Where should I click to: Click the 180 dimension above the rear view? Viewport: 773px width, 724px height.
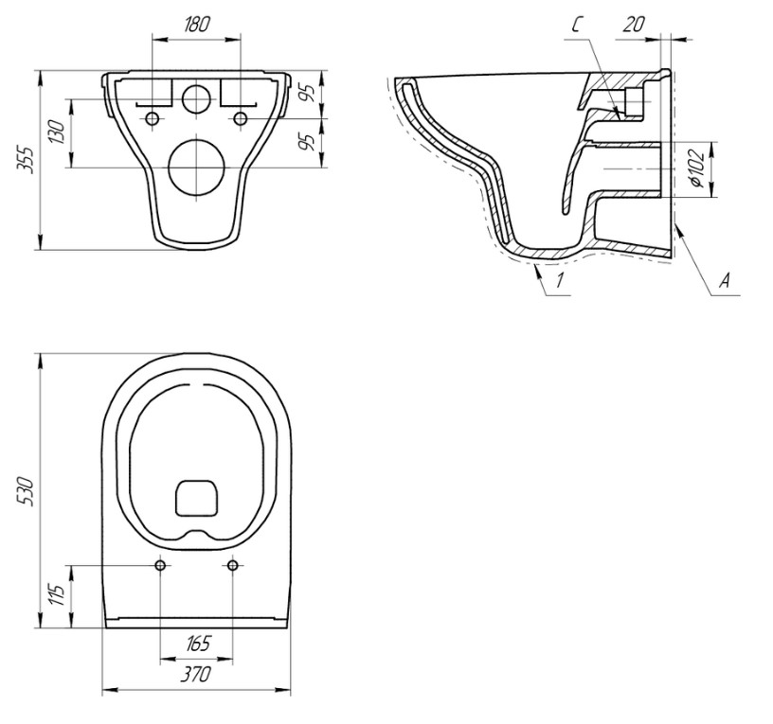(197, 25)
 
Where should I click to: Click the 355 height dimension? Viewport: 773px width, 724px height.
(25, 159)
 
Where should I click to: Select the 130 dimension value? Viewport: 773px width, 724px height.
(58, 132)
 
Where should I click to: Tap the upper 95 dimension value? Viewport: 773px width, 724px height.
(308, 93)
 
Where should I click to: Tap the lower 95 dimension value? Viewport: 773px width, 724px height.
(308, 142)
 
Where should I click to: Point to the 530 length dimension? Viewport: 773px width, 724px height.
(25, 491)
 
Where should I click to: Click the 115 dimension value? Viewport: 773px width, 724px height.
(58, 595)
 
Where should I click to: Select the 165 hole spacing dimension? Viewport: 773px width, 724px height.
(198, 644)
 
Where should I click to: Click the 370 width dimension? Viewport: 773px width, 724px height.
(196, 674)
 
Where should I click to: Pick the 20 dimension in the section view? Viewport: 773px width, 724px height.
(634, 25)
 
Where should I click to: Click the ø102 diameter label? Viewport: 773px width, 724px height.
(696, 168)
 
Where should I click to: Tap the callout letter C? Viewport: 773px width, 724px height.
(578, 25)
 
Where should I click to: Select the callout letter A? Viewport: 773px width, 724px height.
(724, 281)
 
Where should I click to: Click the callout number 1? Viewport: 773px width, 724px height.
(559, 280)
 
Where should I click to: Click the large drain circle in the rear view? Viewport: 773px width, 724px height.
(197, 168)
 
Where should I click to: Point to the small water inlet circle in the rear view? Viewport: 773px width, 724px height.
(197, 98)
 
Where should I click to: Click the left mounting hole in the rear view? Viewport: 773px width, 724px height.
(153, 118)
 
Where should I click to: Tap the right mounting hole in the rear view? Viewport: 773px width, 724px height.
(241, 118)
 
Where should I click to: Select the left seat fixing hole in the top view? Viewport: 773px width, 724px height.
(160, 565)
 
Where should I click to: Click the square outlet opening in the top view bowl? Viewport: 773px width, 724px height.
(197, 498)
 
